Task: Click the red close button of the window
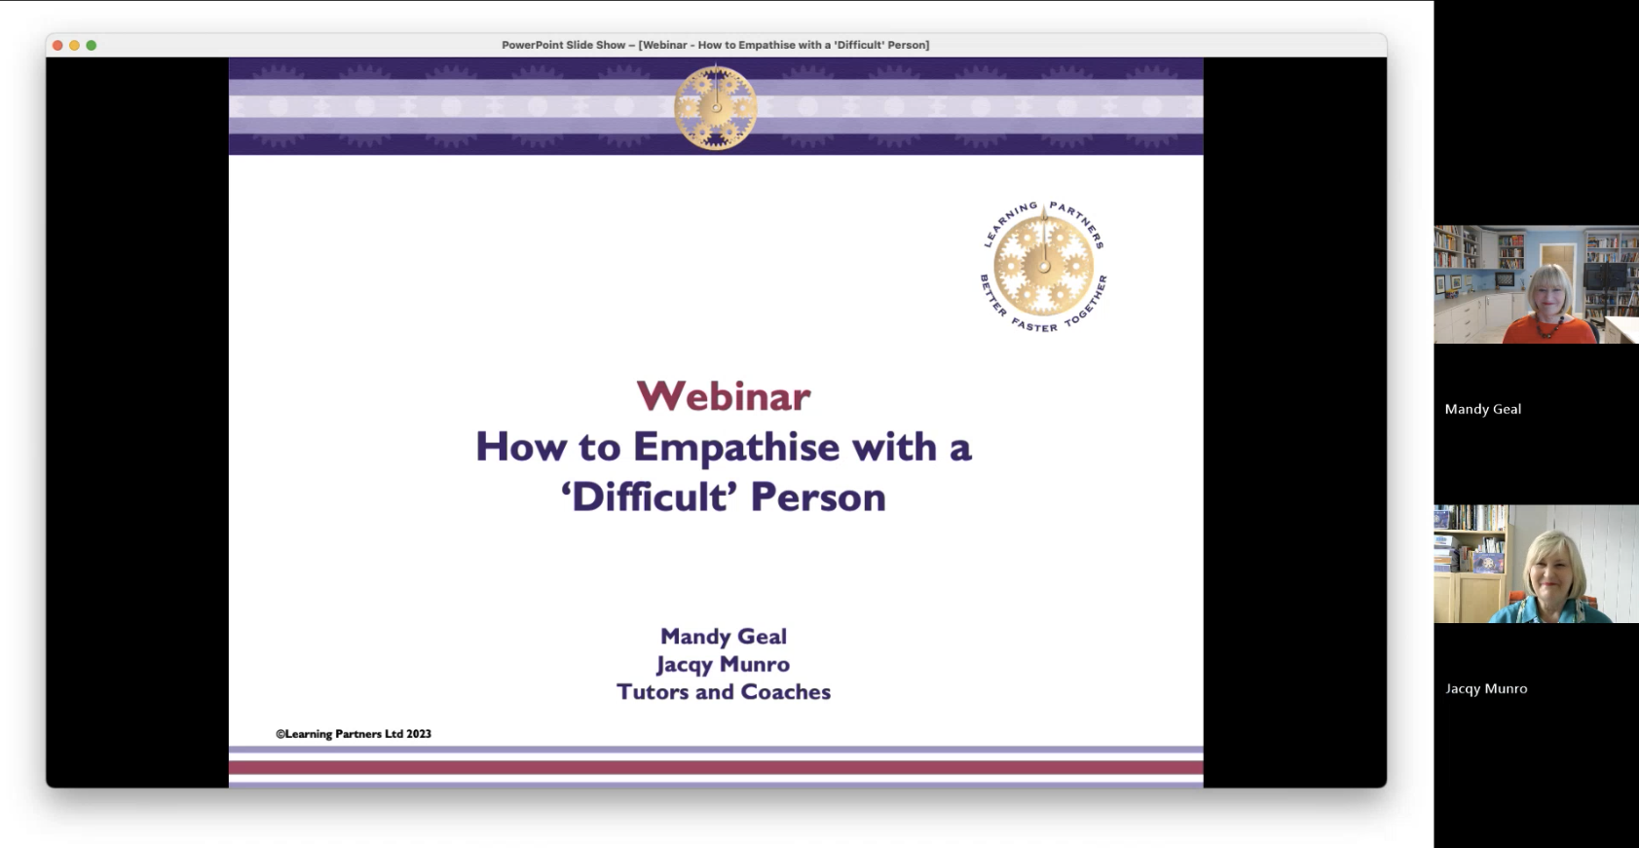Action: pos(57,46)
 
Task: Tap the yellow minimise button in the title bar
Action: pos(75,46)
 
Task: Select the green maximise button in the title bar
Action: pos(92,46)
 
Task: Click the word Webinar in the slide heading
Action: pos(723,396)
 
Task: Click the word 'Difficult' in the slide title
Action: pos(649,497)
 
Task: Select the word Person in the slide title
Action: pos(818,497)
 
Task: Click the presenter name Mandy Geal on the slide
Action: pos(724,637)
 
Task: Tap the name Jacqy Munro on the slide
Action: pos(723,664)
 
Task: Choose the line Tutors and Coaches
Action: pos(724,691)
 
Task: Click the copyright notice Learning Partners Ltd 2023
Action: pos(354,734)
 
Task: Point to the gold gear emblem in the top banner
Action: pos(716,107)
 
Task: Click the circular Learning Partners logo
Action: pos(1043,267)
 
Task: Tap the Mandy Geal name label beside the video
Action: pos(1482,409)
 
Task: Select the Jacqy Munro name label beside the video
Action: pos(1486,688)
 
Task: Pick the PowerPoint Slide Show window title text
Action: pos(716,45)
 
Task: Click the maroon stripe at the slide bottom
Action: pos(716,767)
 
